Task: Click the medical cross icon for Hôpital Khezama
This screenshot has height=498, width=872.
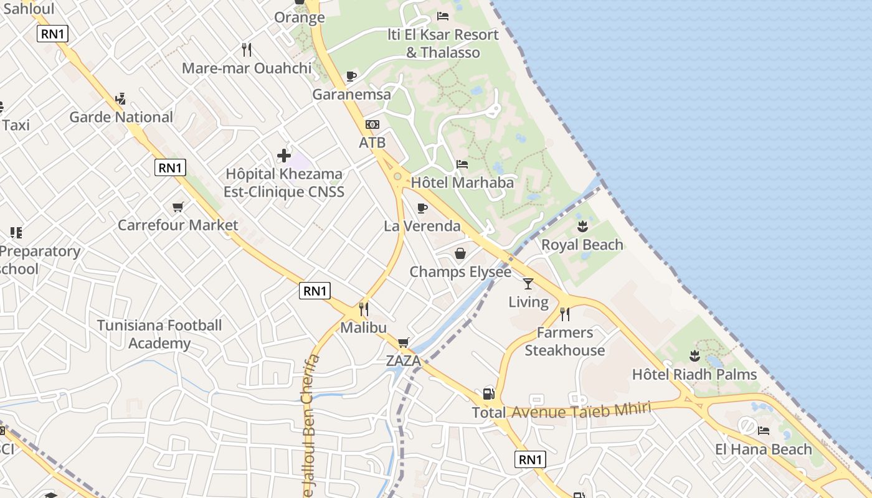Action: pos(284,155)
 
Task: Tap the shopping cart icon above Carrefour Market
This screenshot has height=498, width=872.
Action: pos(178,207)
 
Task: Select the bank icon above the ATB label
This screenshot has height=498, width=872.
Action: pos(372,125)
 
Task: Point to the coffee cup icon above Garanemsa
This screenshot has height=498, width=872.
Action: pos(351,76)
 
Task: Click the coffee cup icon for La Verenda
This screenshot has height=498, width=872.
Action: pos(422,208)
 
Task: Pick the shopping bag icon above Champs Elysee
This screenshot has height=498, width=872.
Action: pos(460,253)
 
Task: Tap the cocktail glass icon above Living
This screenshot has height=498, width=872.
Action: pos(528,284)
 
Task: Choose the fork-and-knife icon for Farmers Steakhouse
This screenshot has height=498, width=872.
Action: pos(565,314)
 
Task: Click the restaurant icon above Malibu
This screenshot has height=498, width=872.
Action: pos(364,309)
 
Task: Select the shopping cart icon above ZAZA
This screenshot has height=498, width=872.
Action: pos(403,342)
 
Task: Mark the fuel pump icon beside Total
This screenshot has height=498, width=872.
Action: pos(488,394)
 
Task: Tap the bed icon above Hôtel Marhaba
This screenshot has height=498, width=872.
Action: pos(462,164)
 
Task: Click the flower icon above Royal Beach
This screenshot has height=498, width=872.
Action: pos(582,226)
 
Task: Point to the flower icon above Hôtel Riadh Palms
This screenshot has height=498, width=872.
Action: pos(694,356)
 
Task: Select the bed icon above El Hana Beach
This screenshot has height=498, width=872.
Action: pos(764,431)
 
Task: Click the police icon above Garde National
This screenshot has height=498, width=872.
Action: pos(121,99)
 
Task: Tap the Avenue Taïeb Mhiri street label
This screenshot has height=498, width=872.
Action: pos(581,410)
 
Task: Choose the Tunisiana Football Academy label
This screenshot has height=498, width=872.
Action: pos(159,334)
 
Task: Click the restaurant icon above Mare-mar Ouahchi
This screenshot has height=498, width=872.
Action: pos(247,50)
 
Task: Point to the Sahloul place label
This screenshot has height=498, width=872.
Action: pos(29,9)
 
